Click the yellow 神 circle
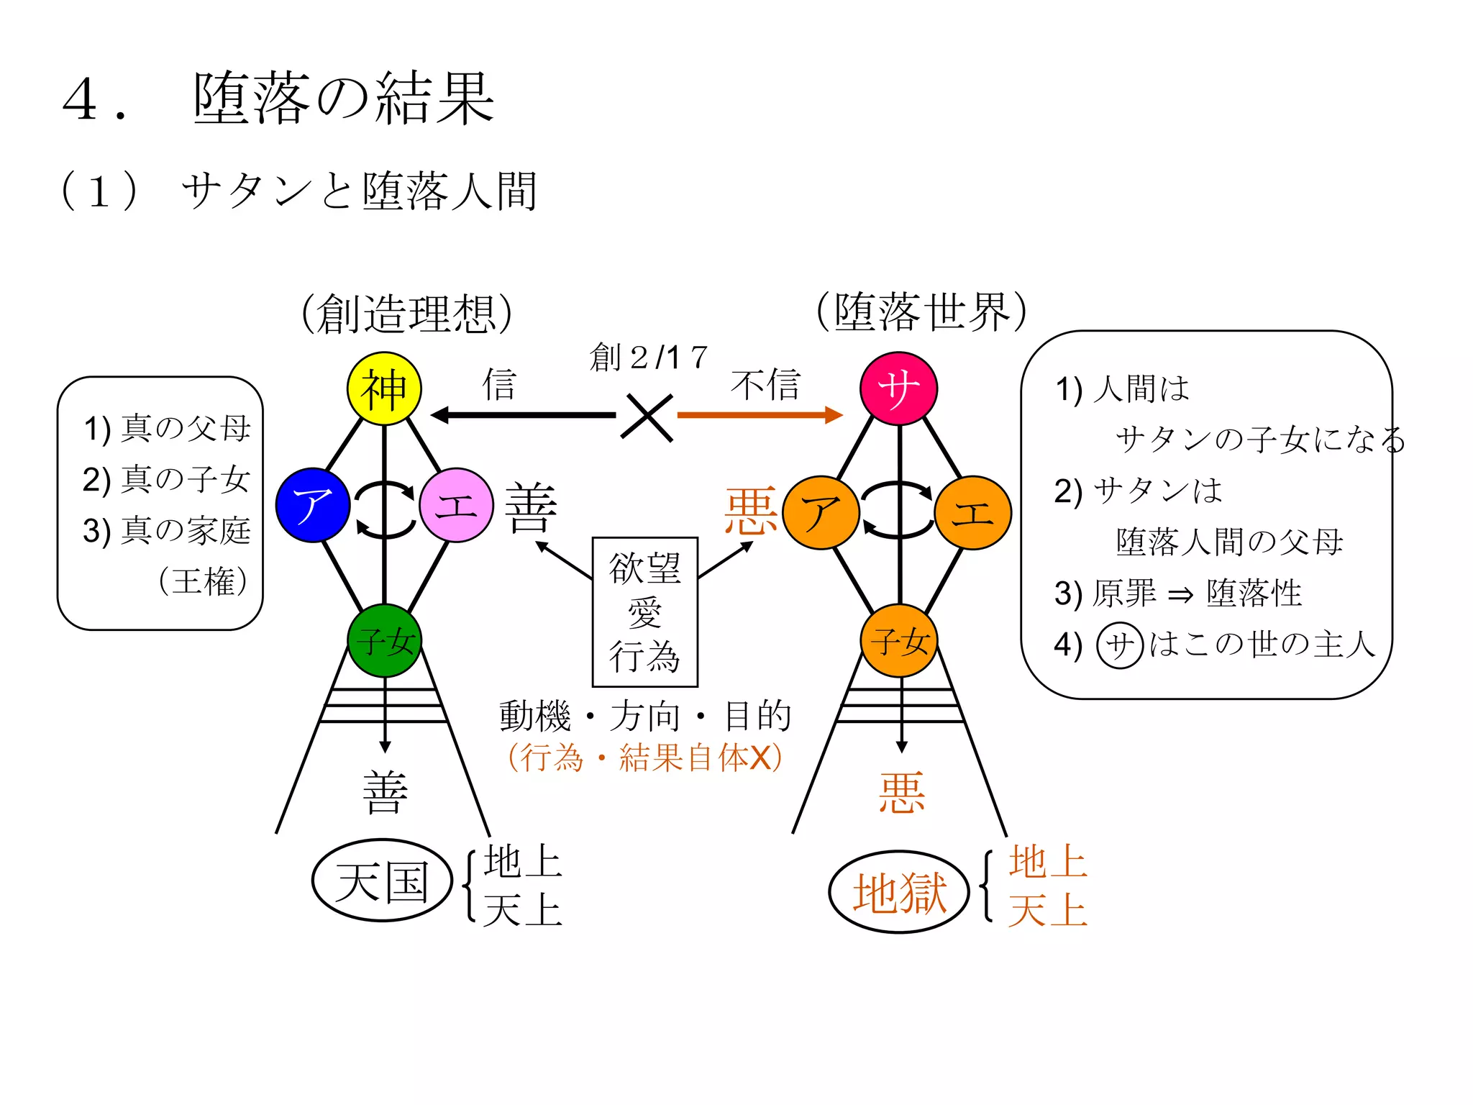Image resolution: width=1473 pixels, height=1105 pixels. [x=384, y=388]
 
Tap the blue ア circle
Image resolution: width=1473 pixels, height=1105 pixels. [x=313, y=505]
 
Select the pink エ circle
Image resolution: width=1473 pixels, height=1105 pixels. [x=456, y=505]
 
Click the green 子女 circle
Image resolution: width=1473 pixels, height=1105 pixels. [x=384, y=640]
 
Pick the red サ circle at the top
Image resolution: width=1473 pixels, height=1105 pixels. [x=898, y=388]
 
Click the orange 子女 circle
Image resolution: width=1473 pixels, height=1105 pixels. [x=899, y=640]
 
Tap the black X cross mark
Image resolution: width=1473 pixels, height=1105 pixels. [x=647, y=417]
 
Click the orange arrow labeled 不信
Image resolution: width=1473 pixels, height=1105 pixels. [x=759, y=415]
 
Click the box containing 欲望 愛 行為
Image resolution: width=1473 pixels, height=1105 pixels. [x=645, y=611]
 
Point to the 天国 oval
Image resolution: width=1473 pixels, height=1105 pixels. [x=382, y=881]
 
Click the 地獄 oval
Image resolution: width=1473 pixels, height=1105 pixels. [x=899, y=893]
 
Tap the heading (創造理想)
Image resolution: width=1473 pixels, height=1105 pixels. [x=406, y=314]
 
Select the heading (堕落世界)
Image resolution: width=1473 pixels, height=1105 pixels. [x=921, y=312]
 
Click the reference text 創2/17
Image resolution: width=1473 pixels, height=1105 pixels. [x=648, y=357]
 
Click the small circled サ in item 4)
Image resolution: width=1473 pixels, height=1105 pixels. [x=1119, y=645]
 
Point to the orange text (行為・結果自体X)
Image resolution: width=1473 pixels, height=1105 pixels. [x=645, y=758]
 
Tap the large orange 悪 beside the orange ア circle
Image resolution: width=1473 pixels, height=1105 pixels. [x=750, y=511]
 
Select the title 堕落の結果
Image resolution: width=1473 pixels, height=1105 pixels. [x=343, y=99]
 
